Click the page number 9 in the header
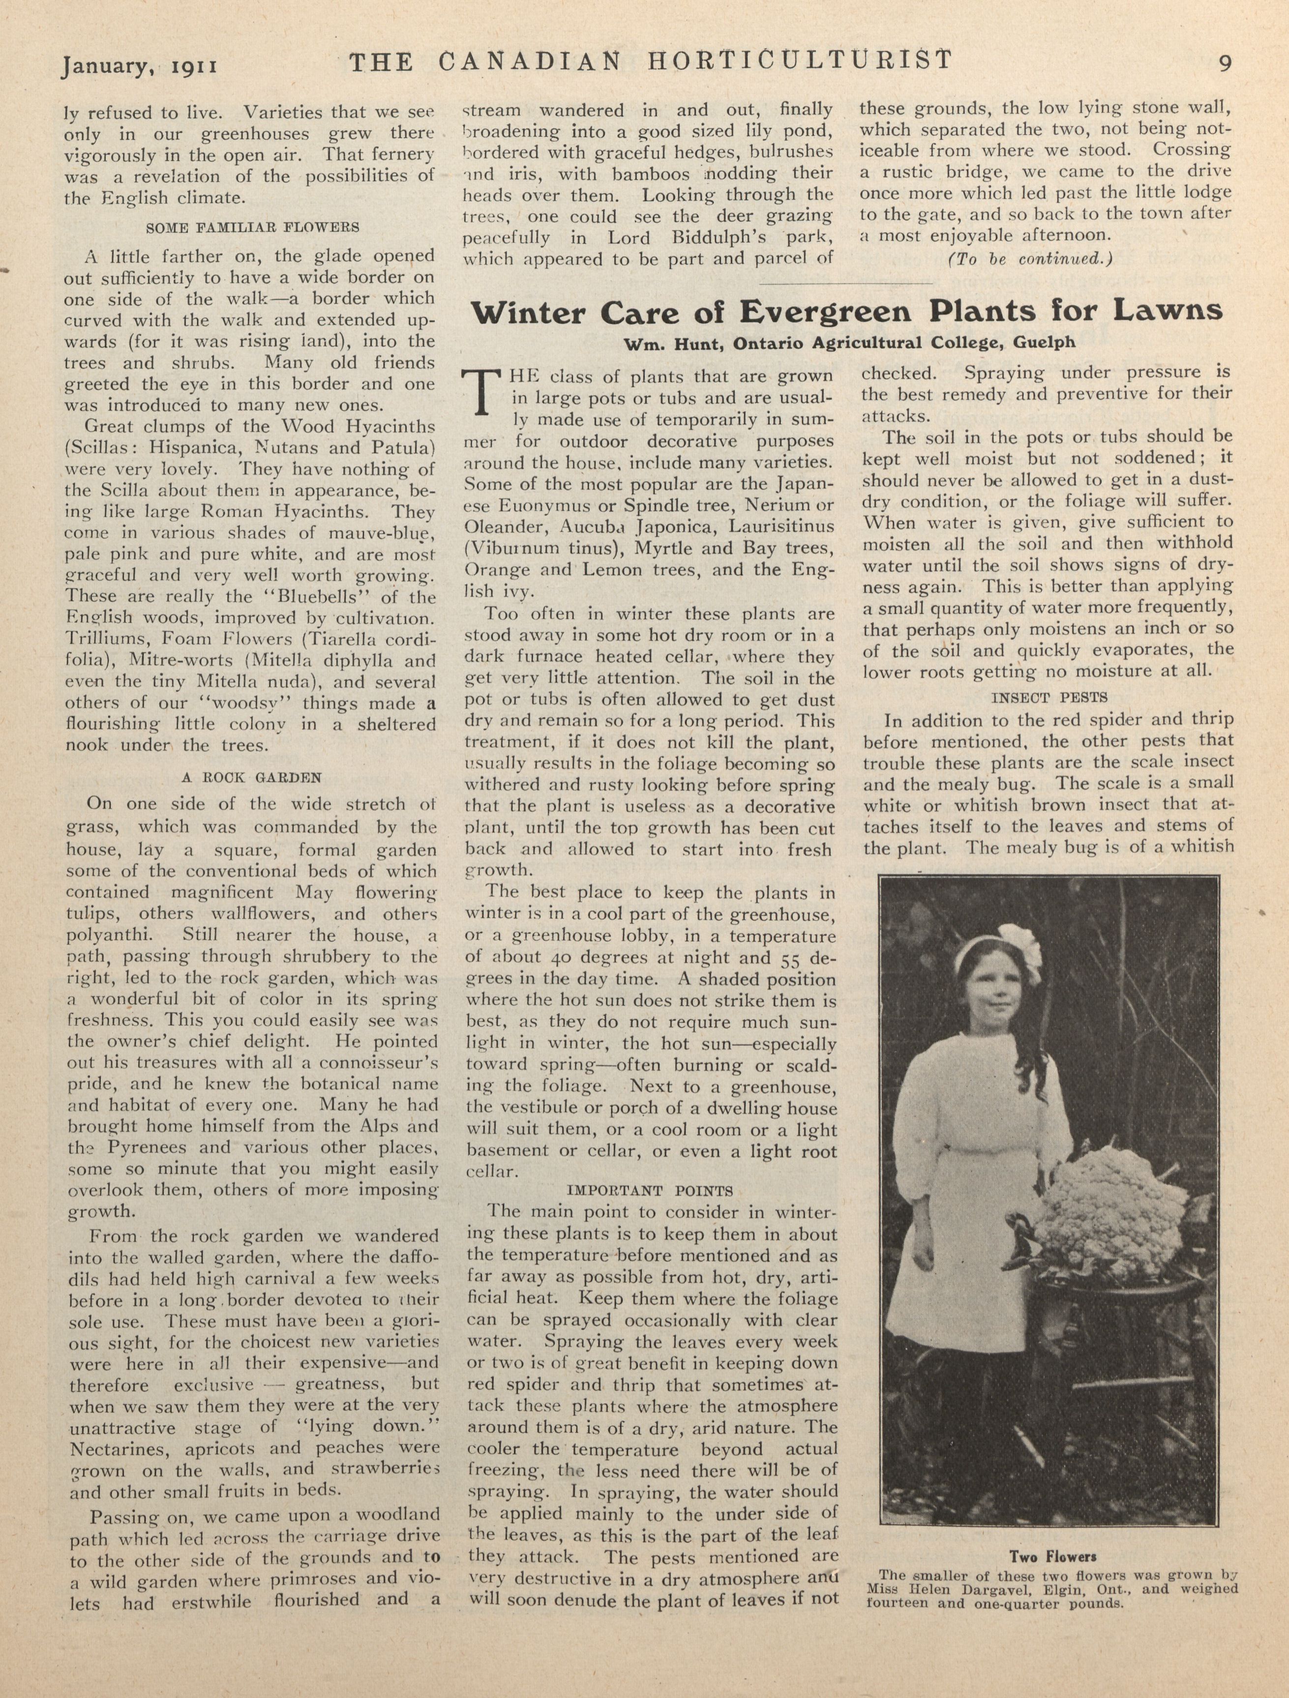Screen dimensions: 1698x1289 point(1225,63)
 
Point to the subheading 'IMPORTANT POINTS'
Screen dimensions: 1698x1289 point(650,1191)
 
